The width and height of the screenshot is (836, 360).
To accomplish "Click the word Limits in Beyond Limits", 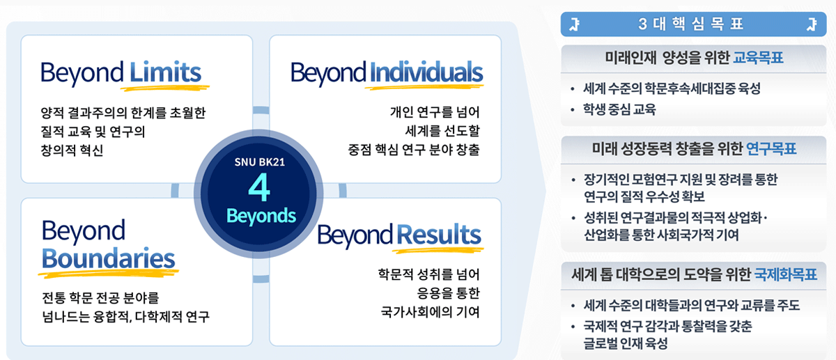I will click(x=165, y=72).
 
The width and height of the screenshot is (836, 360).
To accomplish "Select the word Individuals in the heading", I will click(x=426, y=72).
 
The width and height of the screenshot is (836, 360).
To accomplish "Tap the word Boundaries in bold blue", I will click(x=108, y=258).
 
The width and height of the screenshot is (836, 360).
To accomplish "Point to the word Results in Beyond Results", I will click(x=438, y=235).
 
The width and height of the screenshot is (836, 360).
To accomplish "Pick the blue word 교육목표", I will click(x=758, y=57).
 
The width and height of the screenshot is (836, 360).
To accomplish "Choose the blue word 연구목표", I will click(x=771, y=149).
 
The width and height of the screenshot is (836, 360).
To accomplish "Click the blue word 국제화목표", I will click(x=784, y=274).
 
